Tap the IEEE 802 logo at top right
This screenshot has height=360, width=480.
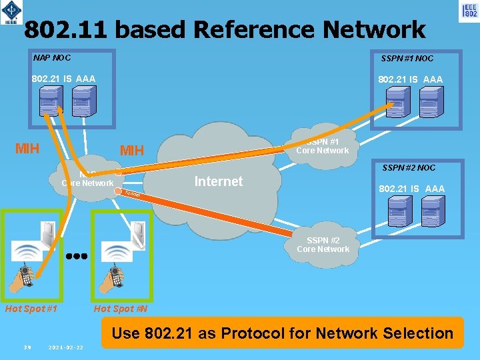click(x=469, y=11)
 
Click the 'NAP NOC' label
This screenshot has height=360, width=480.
click(x=52, y=57)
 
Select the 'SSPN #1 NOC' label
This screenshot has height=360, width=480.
click(x=407, y=59)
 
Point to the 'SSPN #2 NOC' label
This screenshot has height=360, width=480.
click(x=408, y=168)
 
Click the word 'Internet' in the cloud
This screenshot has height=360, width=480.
click(x=218, y=181)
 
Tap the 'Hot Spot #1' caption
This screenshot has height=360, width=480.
click(x=31, y=309)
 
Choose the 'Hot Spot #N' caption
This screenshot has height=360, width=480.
click(x=121, y=309)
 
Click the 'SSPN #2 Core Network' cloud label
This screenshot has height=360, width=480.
click(x=323, y=245)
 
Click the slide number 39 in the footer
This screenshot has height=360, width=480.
click(x=27, y=347)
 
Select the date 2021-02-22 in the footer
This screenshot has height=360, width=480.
click(x=66, y=347)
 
